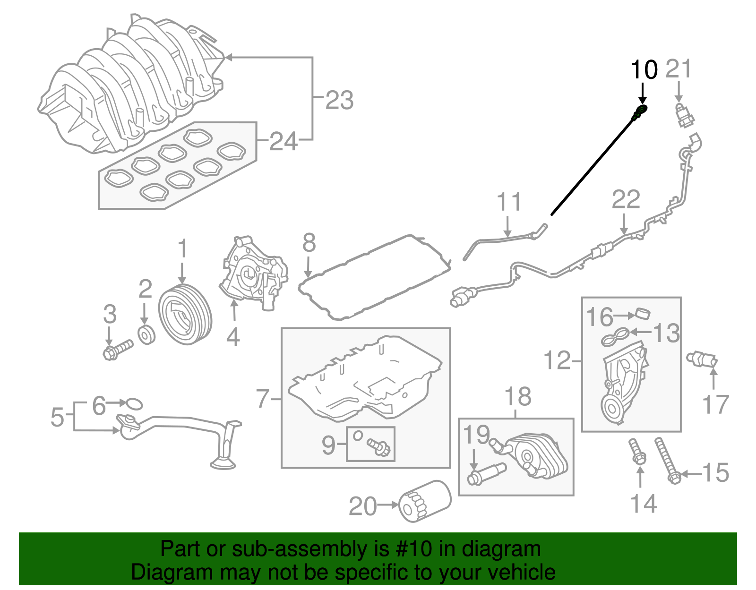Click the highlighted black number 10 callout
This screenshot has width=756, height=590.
(x=644, y=70)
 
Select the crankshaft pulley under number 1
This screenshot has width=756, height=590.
(x=185, y=315)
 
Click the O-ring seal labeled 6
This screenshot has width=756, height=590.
(x=134, y=403)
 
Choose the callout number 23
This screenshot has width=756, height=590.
(x=339, y=100)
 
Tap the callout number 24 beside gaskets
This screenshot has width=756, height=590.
(x=283, y=141)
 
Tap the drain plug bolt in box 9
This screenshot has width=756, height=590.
(x=379, y=446)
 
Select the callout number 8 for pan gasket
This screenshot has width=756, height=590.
(x=309, y=243)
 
